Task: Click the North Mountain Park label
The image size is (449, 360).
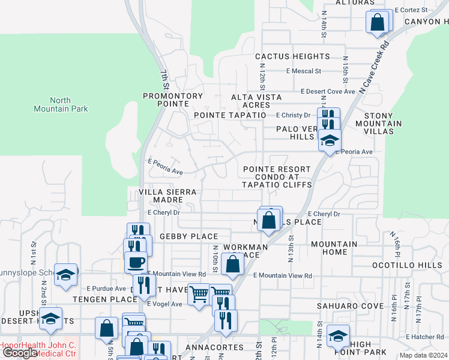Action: pos(61,104)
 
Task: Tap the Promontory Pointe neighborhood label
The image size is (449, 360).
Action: pos(173,100)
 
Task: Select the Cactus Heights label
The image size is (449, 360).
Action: pos(292,56)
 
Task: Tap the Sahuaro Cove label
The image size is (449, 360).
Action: pos(350,306)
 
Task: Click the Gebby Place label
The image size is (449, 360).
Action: pos(188,237)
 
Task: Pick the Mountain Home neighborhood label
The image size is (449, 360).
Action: pos(334,248)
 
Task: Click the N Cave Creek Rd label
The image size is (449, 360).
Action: pos(375,67)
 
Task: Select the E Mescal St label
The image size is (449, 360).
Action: pos(304,71)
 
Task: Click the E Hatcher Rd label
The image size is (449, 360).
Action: pos(424,337)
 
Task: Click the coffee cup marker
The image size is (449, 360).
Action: pos(136,263)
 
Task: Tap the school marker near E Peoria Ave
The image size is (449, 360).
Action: pos(330,142)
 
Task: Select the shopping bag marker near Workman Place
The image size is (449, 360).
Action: pos(232,263)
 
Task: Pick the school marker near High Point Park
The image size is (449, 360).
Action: pos(339,337)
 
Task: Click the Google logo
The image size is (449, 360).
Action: pos(19,353)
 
